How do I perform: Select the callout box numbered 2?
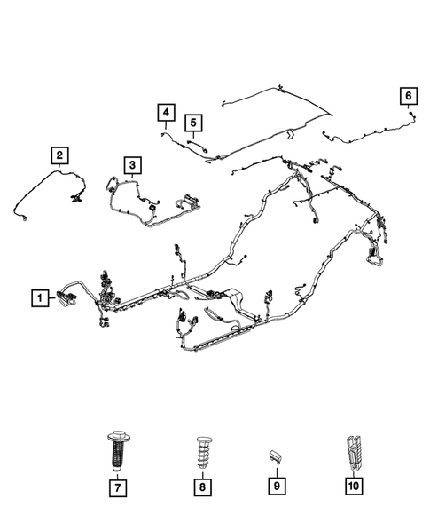click(59, 157)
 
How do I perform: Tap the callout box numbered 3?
click(130, 165)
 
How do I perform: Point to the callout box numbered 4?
click(165, 112)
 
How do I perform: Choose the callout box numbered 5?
click(192, 122)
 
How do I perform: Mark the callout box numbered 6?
click(407, 95)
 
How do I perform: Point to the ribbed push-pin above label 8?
click(202, 450)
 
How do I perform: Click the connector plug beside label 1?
click(66, 298)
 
